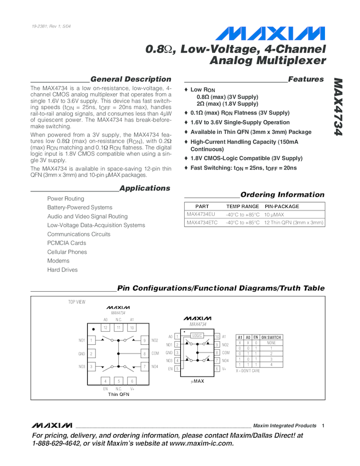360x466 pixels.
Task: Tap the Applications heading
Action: click(145, 188)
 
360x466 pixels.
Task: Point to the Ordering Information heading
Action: click(282, 195)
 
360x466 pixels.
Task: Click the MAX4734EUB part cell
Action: click(201, 214)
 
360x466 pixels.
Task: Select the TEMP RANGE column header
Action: click(242, 207)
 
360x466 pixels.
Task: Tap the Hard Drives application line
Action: click(62, 270)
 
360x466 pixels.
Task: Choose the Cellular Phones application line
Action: click(67, 252)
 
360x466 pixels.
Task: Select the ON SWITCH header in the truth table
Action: click(271, 337)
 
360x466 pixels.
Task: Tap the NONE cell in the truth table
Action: click(271, 343)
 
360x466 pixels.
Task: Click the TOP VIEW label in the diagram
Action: click(77, 302)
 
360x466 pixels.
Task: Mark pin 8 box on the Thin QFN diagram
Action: click(144, 354)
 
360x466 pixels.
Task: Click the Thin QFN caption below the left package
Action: click(119, 395)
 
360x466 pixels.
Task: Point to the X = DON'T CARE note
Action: click(248, 371)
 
